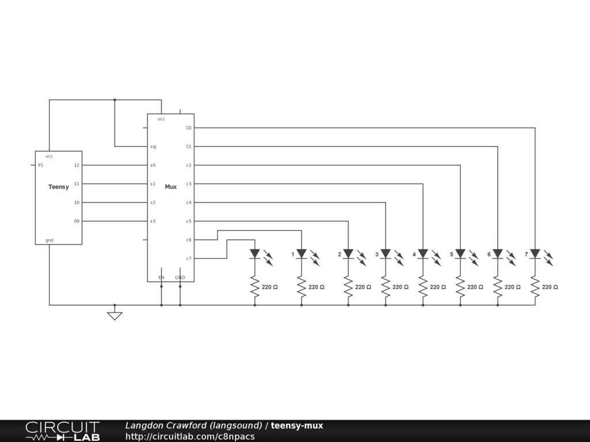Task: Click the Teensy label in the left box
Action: [x=58, y=186]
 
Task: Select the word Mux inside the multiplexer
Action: [x=171, y=186]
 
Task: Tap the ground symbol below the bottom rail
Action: [x=115, y=315]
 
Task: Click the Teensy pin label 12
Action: [x=77, y=165]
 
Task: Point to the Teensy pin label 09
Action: [x=77, y=221]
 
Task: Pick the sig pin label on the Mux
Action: [x=153, y=147]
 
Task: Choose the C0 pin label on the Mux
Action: [x=188, y=128]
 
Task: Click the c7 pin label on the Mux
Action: [x=188, y=258]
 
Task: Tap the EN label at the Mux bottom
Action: [x=161, y=277]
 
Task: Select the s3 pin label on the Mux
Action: [x=153, y=221]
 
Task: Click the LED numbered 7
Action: [x=535, y=254]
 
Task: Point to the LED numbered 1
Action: [x=301, y=254]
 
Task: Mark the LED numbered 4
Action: [x=423, y=254]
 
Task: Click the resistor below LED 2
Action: [x=348, y=287]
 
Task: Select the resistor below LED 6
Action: [x=498, y=287]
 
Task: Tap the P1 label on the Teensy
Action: [x=40, y=165]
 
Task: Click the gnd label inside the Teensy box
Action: [x=50, y=240]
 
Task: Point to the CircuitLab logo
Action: [x=62, y=431]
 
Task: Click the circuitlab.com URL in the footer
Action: [x=190, y=436]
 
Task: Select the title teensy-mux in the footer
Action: [x=297, y=425]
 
